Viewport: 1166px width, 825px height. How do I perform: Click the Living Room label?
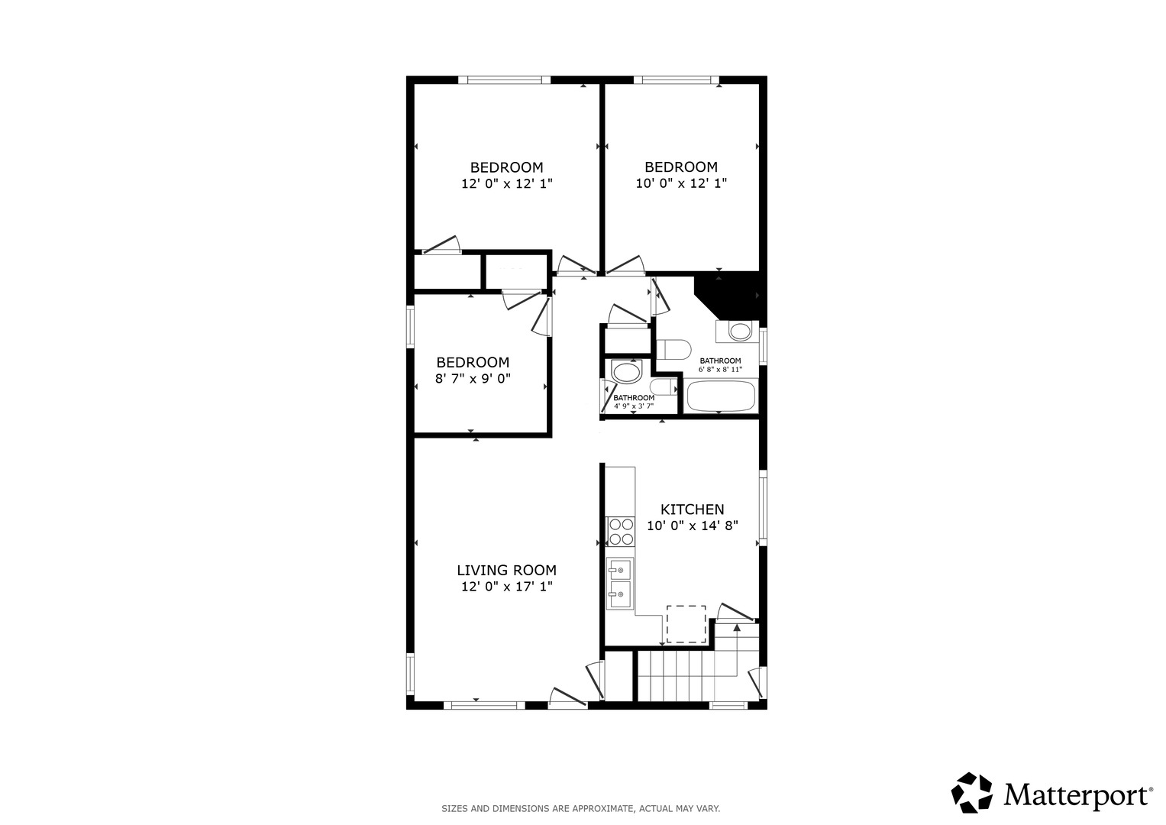tap(506, 571)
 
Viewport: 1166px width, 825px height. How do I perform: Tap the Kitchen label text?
tap(693, 510)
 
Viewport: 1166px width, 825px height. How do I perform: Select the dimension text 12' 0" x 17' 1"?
tap(506, 587)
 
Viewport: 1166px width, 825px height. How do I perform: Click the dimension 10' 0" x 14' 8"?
tap(693, 526)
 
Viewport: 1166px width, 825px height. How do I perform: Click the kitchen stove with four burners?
tap(621, 531)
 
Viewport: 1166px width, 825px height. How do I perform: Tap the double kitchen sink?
tap(620, 584)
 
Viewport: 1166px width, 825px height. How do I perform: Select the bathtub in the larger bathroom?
tap(721, 396)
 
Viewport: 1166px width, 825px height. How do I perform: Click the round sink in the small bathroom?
tap(627, 373)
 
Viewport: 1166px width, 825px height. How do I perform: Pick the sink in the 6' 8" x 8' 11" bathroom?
tap(740, 330)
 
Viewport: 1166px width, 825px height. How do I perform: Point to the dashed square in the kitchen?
tap(686, 624)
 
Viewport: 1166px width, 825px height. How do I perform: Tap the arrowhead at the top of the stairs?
tap(737, 627)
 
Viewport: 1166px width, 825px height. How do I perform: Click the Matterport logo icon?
tap(972, 793)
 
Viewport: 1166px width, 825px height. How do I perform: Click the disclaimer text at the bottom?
tap(580, 809)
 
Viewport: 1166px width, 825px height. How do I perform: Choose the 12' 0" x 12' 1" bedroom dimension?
tap(506, 183)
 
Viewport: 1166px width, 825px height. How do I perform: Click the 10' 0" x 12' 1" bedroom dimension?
tap(681, 183)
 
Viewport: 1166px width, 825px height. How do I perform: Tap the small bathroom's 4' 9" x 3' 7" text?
tap(634, 406)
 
